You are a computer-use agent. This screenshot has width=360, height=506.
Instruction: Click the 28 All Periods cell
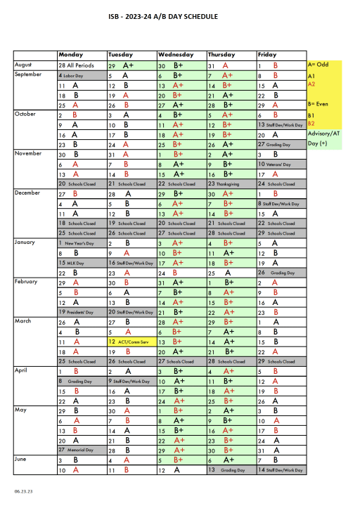[81, 65]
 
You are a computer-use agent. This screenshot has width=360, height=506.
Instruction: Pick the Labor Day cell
[81, 74]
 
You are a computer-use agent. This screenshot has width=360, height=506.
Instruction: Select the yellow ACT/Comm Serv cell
[131, 342]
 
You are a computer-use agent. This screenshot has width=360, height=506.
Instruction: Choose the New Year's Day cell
[81, 242]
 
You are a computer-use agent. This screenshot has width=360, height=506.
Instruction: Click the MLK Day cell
[81, 262]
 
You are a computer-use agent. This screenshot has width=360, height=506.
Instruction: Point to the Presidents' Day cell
[81, 311]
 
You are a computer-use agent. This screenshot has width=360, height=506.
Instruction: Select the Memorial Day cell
[81, 449]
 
